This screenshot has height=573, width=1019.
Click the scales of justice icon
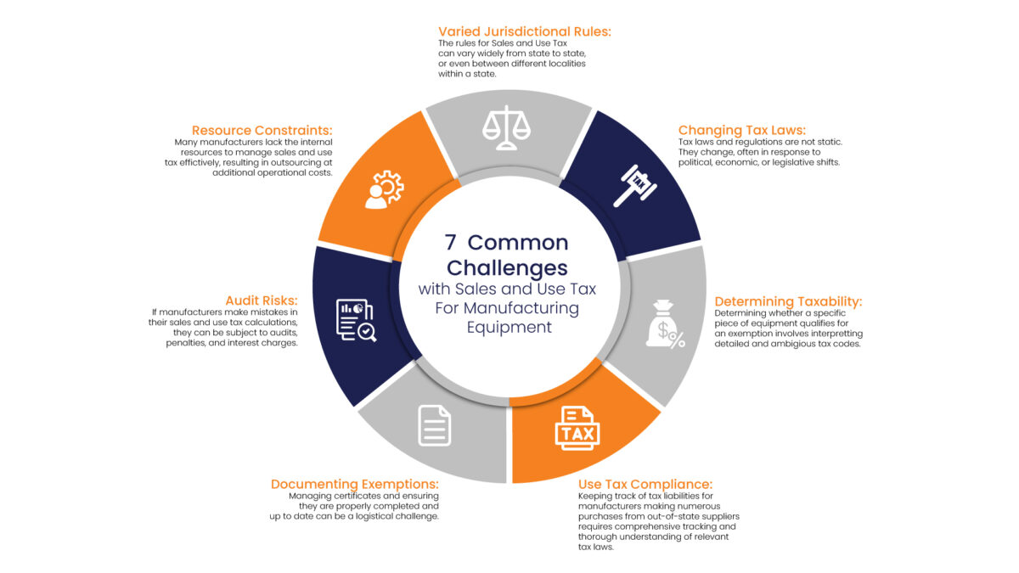point(506,128)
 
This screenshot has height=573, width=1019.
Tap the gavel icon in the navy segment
point(635,186)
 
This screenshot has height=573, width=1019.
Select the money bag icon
point(665,324)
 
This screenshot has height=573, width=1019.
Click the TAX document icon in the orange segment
point(577,429)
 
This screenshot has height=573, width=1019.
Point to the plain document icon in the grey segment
point(435,425)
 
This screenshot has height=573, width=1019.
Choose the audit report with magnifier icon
point(356,320)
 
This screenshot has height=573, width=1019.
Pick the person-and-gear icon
point(385,189)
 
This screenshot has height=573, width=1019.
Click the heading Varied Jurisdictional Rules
point(525,32)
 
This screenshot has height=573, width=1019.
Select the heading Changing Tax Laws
point(742,131)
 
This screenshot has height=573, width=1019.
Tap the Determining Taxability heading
point(788,301)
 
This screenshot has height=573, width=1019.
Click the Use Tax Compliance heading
point(645,485)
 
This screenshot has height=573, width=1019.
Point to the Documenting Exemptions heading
point(355,485)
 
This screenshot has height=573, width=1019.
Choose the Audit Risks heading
point(262,301)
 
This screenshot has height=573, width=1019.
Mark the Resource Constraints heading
point(262,131)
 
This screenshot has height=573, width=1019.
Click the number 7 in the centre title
point(450,243)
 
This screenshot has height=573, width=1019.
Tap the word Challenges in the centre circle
point(507,268)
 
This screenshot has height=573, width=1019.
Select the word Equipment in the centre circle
point(509,327)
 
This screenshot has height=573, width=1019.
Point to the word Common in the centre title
point(518,243)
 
